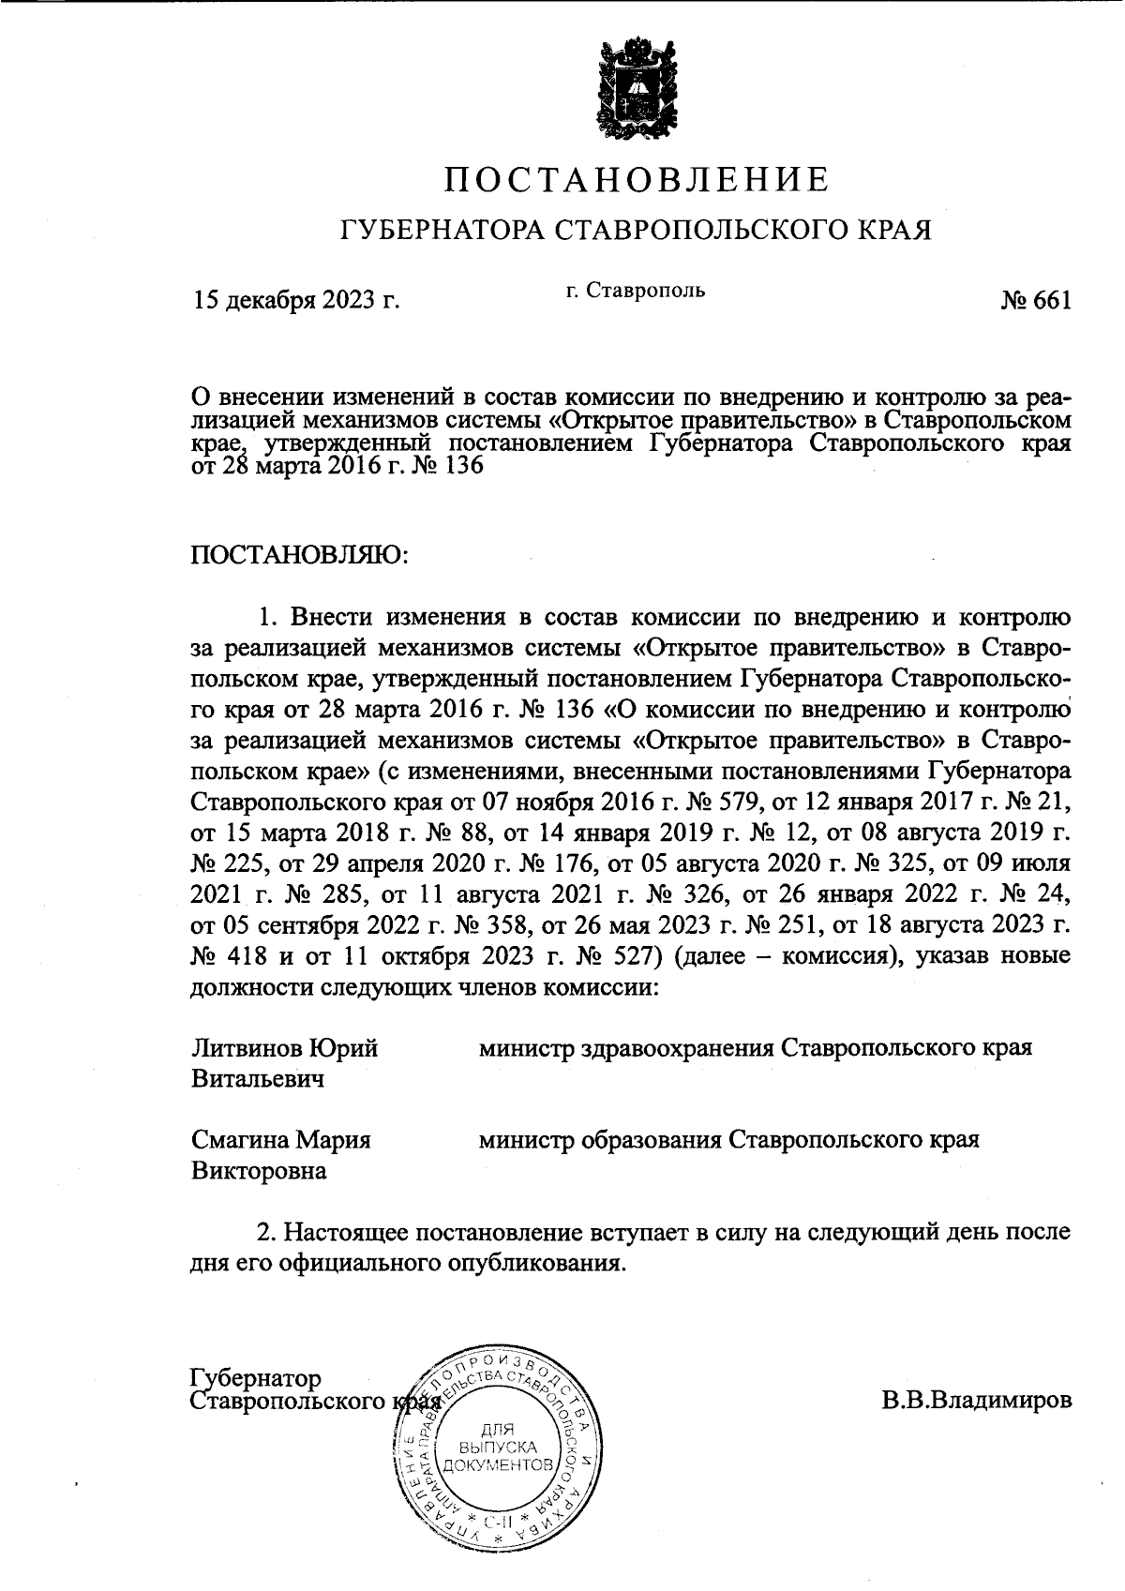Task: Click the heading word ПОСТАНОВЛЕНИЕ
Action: [x=637, y=179]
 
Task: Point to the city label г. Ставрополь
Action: [x=636, y=291]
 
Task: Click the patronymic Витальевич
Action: [x=258, y=1079]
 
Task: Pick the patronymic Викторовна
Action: [x=259, y=1172]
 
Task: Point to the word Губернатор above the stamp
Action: [x=255, y=1378]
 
